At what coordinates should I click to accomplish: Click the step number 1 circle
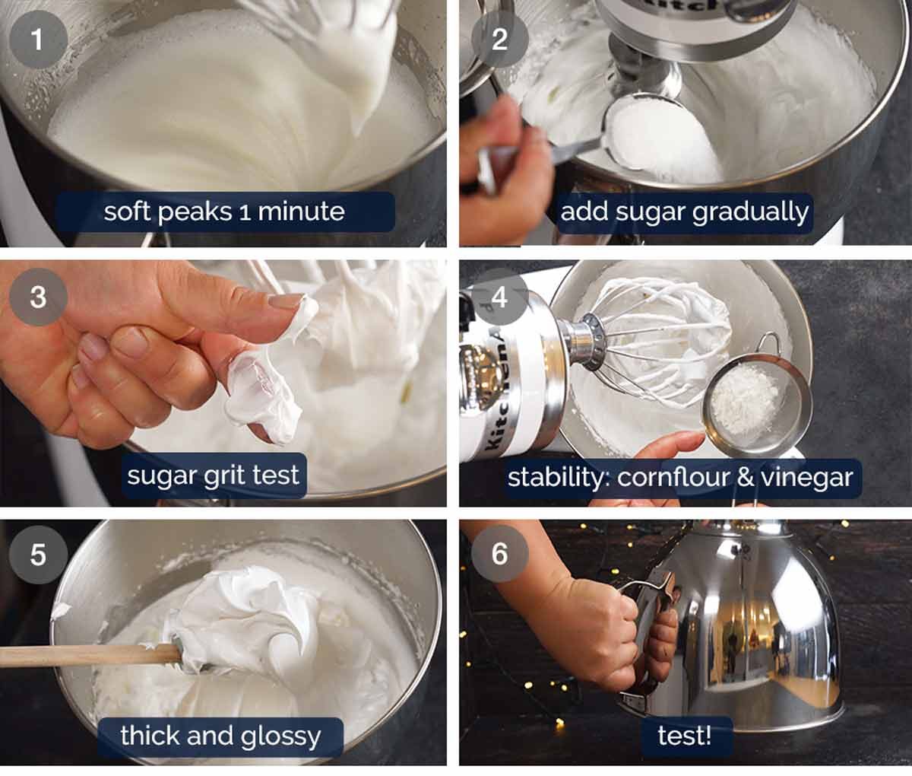37,37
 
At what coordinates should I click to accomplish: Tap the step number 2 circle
499,37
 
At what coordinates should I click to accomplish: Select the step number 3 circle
37,297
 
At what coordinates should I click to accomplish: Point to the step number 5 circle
37,555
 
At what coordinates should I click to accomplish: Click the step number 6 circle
499,554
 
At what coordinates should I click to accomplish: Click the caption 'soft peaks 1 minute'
224,211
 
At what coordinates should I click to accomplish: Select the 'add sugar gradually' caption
684,212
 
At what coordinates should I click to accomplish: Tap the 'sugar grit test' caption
213,476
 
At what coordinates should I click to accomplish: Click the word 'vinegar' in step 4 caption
807,478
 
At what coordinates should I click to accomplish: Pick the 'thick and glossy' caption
220,736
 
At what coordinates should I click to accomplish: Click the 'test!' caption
684,736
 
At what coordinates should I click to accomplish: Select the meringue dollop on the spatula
243,616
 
